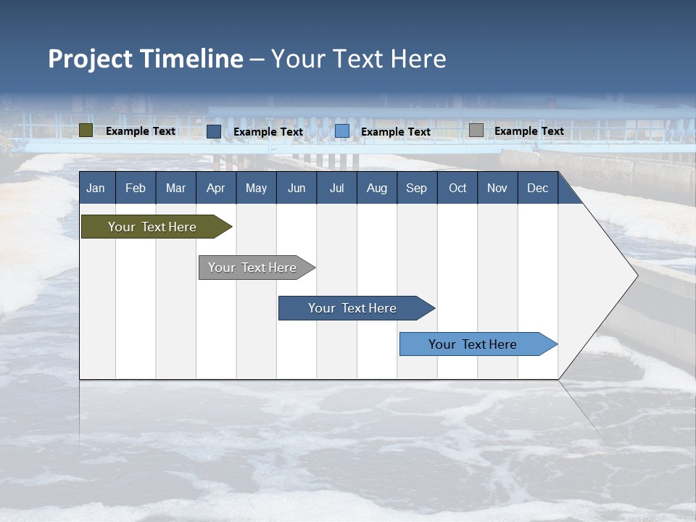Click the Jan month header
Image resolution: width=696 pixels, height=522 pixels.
point(96,188)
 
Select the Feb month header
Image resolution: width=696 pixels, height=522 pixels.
point(136,188)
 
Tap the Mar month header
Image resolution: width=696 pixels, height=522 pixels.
point(175,188)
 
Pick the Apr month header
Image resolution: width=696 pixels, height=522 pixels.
point(216,188)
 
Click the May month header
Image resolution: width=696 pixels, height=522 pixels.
point(256,188)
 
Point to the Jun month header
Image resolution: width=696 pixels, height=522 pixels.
point(297,188)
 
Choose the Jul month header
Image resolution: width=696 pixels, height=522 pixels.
point(336,188)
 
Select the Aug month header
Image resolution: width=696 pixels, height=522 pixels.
point(377,188)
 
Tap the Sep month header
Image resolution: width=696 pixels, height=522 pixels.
point(417,188)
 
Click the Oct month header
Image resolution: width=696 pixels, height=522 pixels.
point(457,188)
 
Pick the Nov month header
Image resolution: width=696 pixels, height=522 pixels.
point(497,188)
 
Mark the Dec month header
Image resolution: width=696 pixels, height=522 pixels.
point(538,188)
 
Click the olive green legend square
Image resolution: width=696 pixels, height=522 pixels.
point(86,130)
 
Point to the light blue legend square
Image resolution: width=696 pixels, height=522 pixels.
point(342,131)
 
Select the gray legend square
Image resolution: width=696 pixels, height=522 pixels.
point(476,130)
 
